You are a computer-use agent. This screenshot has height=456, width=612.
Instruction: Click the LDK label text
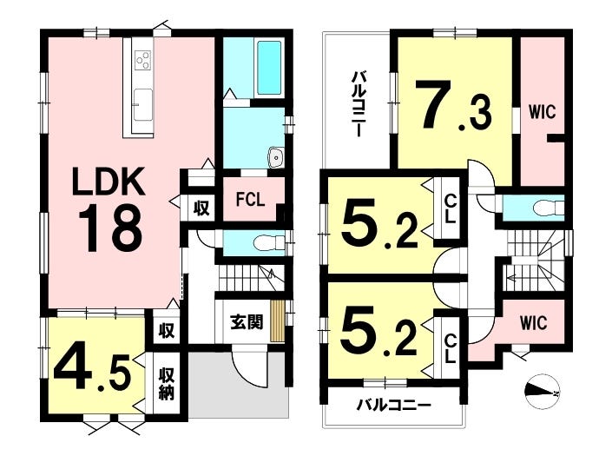[109, 182]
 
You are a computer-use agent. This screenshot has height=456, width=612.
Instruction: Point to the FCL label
[250, 200]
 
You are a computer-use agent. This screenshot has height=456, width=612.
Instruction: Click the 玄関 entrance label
[247, 322]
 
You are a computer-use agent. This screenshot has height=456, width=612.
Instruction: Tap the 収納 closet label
[166, 384]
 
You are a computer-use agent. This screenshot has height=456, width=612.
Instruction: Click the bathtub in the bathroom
[269, 68]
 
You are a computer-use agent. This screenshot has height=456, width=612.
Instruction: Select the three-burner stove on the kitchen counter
[143, 60]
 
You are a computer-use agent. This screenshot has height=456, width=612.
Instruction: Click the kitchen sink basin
[143, 104]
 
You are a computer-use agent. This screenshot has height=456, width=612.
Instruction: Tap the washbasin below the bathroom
[276, 158]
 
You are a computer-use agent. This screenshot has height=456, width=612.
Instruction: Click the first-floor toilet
[269, 244]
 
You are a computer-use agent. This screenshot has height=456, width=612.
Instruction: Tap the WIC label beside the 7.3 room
[543, 112]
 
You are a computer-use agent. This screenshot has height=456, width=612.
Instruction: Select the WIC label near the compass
[533, 323]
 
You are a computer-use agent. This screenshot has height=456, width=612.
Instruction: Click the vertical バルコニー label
[357, 103]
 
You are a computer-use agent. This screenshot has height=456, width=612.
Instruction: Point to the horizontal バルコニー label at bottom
[393, 406]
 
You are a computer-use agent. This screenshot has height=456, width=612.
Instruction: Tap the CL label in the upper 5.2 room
[450, 208]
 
